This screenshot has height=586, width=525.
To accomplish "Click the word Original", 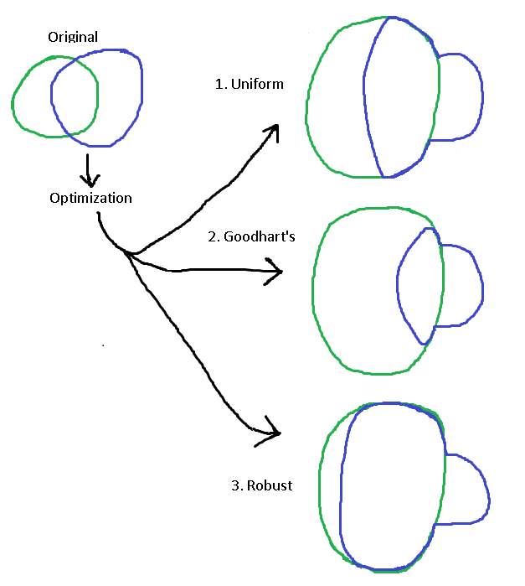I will (x=73, y=37).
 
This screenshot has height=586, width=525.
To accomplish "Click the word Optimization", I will (x=90, y=199).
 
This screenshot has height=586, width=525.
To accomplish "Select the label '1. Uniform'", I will (x=250, y=84).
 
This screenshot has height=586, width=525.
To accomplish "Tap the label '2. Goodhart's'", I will (x=251, y=236).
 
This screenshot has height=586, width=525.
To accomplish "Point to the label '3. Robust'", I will (x=261, y=485).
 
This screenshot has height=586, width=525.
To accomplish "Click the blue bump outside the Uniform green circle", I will (x=460, y=96).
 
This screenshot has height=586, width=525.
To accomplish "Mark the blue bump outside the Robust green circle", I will (x=465, y=490).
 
